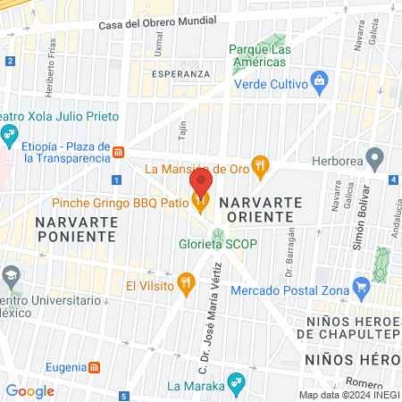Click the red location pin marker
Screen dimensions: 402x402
[x=201, y=182]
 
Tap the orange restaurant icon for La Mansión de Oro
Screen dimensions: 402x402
[x=261, y=164]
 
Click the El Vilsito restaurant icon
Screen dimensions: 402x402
[x=186, y=284]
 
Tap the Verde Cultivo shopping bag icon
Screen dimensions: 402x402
[x=321, y=85]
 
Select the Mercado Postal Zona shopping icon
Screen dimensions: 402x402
[x=362, y=289]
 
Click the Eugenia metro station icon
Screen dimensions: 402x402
[x=95, y=367]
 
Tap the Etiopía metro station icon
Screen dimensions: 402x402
[x=118, y=152]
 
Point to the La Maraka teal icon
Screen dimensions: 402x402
[x=235, y=385]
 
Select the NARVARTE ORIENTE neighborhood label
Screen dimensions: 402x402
[x=259, y=210]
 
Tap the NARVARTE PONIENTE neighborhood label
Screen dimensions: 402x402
[x=76, y=228]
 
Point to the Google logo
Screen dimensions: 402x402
[x=29, y=390]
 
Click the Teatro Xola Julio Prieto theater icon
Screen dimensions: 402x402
[x=10, y=136]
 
